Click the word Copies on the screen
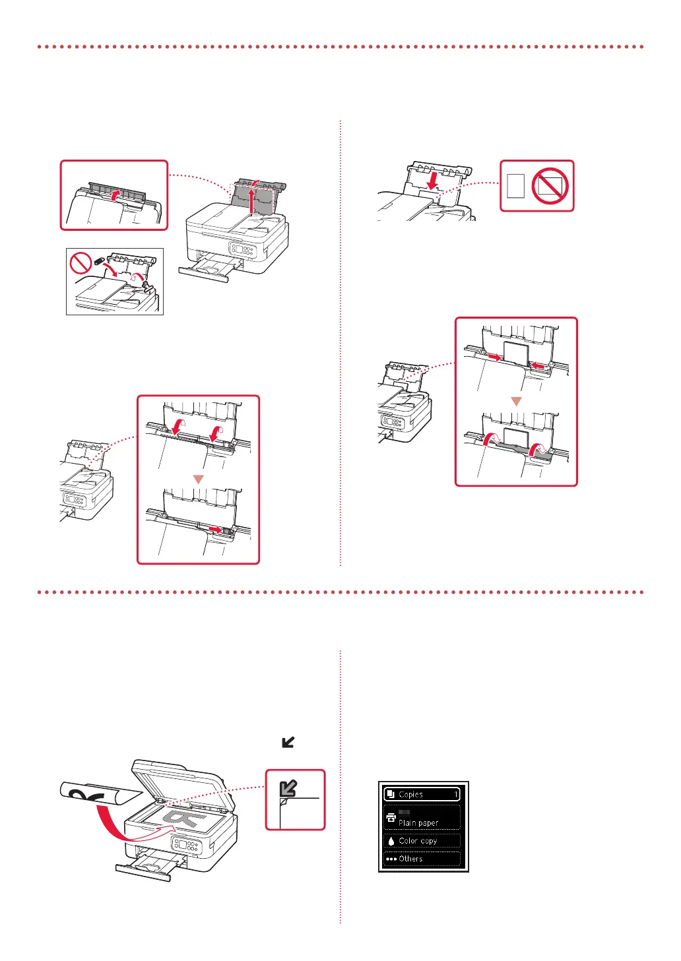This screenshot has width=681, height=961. coord(410,795)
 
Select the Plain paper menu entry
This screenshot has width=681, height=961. coord(418,822)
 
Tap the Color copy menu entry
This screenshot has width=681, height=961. coord(418,841)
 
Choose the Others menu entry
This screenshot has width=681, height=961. coord(410,859)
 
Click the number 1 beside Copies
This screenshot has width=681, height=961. coord(455,795)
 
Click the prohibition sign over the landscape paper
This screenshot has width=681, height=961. coord(550,186)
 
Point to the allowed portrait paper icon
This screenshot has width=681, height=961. coord(517,186)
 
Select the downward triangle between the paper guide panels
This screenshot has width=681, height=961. coord(517,401)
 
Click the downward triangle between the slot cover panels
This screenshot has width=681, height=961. coord(198,480)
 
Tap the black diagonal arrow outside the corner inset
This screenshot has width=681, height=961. coord(288,742)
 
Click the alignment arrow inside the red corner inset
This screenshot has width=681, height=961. coord(288,788)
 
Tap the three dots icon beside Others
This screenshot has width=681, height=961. coord(391,859)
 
